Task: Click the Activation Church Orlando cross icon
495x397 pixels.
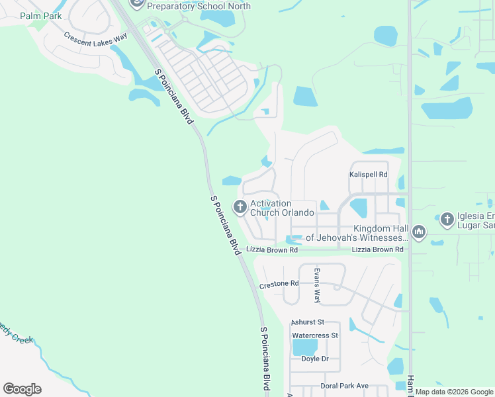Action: point(239,207)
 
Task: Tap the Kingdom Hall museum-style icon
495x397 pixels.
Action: point(418,232)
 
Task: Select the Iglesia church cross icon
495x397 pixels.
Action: point(447,220)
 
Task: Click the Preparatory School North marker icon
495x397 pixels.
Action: point(137,3)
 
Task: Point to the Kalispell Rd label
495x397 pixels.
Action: point(368,175)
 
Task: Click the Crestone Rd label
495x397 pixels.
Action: point(279,284)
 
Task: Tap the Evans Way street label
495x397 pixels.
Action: point(317,286)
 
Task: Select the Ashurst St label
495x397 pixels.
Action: point(306,322)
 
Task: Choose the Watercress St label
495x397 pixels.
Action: point(315,335)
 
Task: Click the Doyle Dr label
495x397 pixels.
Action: point(315,359)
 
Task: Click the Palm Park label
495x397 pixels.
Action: point(40,16)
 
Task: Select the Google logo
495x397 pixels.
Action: point(22,389)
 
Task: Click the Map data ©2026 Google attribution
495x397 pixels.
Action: point(455,392)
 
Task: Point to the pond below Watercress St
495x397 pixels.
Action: point(304,347)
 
